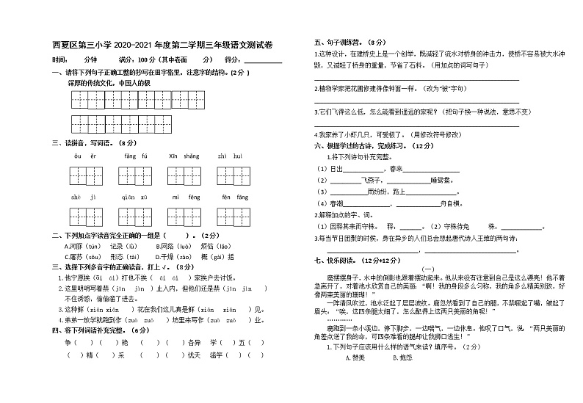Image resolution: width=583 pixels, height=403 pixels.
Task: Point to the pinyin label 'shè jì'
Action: click(x=83, y=197)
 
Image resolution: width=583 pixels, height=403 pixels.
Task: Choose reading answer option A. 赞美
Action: click(x=352, y=357)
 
